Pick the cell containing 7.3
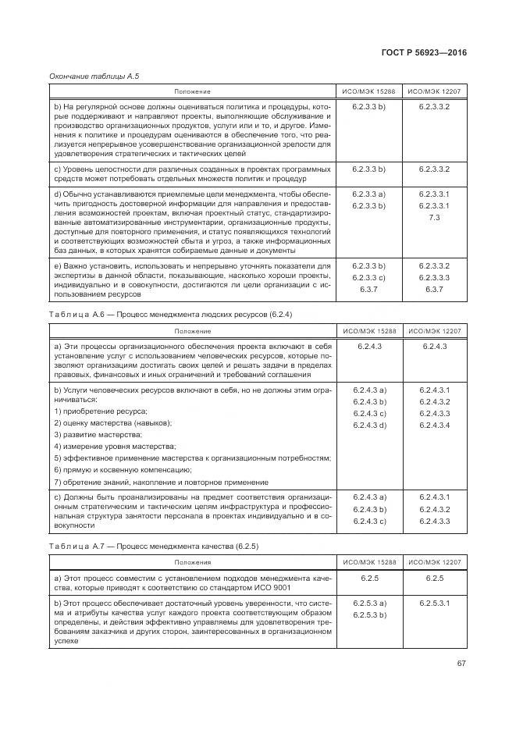(x=435, y=217)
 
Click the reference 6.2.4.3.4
(x=435, y=424)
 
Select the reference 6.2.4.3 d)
(x=369, y=424)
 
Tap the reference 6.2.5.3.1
(x=435, y=604)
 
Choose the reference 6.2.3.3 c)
(x=369, y=277)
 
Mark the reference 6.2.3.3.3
(x=435, y=277)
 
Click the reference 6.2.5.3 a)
(x=369, y=604)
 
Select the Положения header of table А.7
(x=192, y=561)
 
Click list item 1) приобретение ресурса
(x=101, y=411)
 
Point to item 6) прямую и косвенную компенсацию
(x=112, y=469)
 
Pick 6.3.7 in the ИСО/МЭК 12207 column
(x=435, y=289)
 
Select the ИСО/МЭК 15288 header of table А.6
(x=369, y=331)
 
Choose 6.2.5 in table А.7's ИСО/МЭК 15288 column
(x=369, y=579)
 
